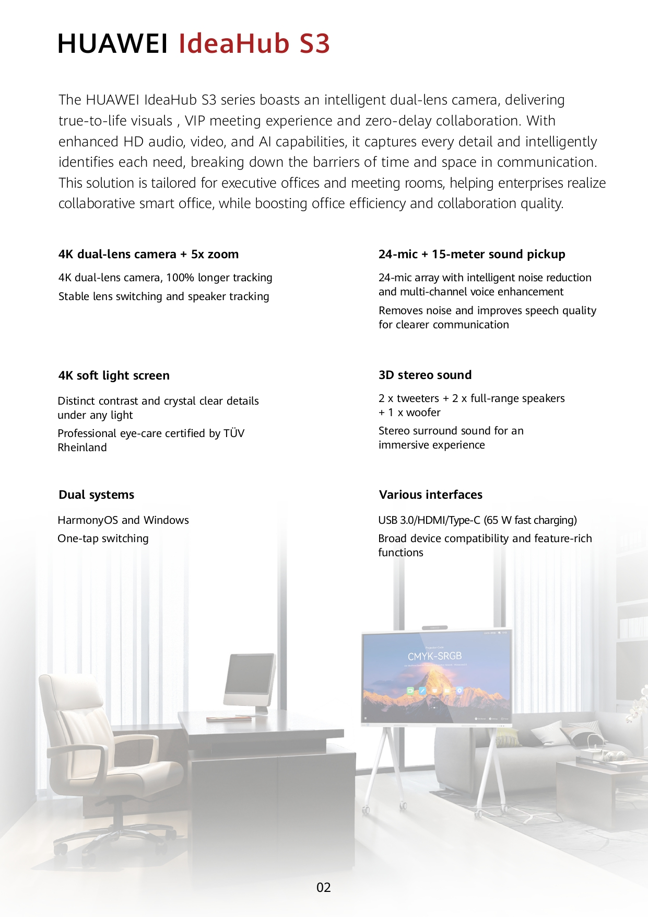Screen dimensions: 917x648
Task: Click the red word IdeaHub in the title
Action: point(233,43)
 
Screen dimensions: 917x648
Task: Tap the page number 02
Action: point(324,887)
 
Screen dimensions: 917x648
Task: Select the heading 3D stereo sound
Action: point(425,375)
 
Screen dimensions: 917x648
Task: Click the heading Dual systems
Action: point(96,495)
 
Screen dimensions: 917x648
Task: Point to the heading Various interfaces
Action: point(430,495)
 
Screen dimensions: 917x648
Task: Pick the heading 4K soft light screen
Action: point(114,375)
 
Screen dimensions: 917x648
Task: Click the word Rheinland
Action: point(82,448)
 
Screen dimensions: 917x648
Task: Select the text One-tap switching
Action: point(103,538)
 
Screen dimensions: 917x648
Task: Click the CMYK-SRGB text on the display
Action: point(434,656)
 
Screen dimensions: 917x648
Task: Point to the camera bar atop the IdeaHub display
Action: point(435,627)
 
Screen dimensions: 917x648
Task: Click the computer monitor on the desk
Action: point(250,680)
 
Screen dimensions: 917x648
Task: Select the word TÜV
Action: point(234,433)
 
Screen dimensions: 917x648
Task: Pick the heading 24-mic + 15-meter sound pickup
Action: point(472,254)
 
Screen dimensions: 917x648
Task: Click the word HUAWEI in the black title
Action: point(112,43)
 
